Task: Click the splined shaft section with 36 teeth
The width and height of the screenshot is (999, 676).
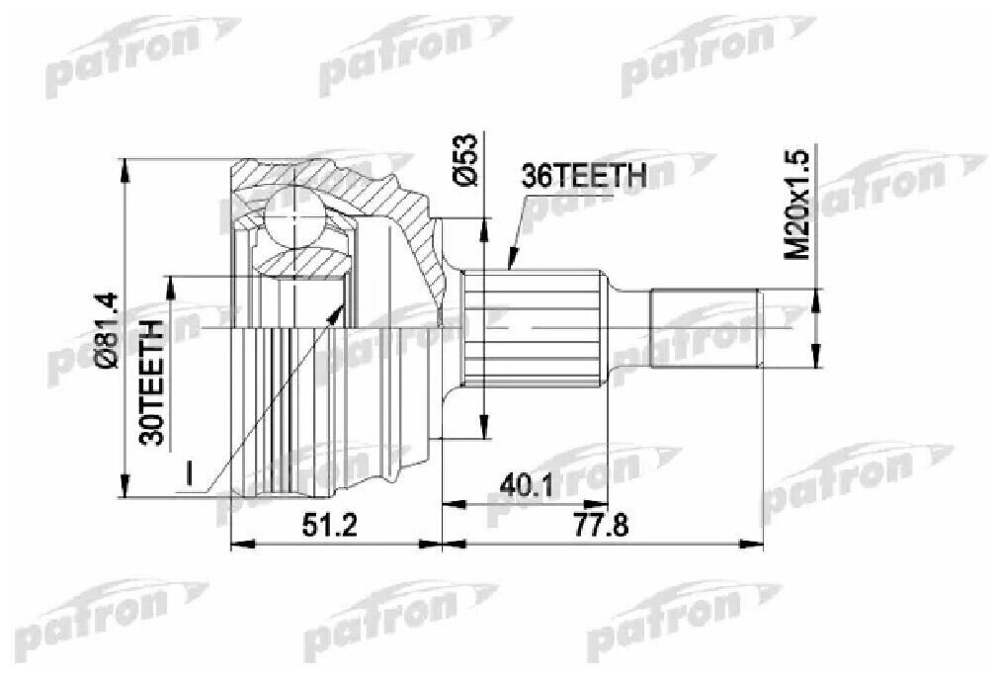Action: click(x=535, y=326)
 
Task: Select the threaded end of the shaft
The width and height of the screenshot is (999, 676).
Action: click(x=706, y=327)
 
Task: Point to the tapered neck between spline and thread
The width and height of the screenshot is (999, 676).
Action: click(x=626, y=327)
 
